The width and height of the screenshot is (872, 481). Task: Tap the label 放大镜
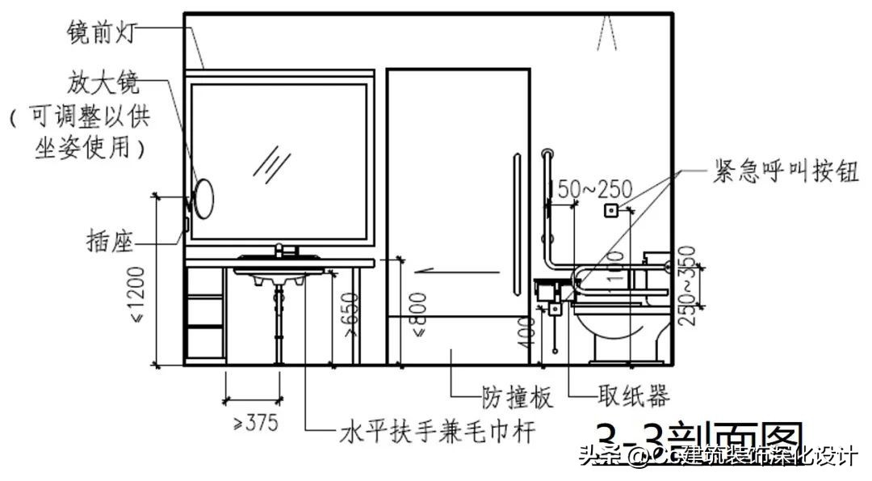pyautogui.click(x=105, y=83)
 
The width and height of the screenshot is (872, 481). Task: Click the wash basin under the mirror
pyautogui.click(x=279, y=272)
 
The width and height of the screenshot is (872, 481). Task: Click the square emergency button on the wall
pyautogui.click(x=611, y=211)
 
